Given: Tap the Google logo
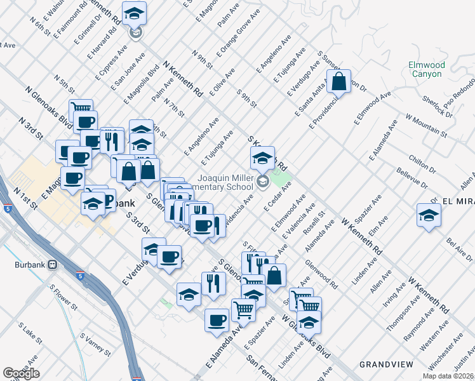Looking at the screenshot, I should coord(21,373).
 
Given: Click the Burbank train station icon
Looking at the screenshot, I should coord(54,264).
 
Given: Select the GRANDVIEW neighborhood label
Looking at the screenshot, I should coord(386,364).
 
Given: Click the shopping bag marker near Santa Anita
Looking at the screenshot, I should coord(340,82).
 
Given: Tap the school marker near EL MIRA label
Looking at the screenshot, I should coord(429,215).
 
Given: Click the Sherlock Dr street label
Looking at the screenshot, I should coord(439,105).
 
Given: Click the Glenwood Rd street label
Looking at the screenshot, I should coord(321,274).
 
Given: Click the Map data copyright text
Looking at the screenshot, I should coord(448,376).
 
